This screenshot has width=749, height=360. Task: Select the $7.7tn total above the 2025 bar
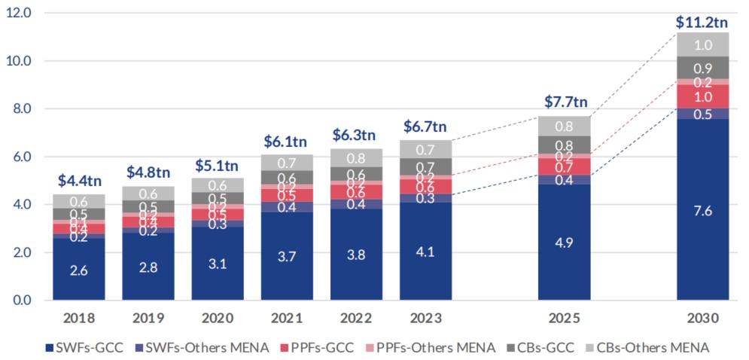[565, 102]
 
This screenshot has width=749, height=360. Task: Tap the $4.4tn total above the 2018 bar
[79, 180]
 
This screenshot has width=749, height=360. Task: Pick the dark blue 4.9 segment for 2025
[565, 242]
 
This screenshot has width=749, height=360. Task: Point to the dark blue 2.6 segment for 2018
[79, 270]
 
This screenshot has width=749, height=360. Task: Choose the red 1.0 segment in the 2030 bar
[703, 96]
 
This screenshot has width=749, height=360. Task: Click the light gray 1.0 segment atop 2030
[703, 44]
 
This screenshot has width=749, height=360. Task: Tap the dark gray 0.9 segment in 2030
[703, 67]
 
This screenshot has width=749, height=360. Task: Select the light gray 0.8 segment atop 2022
[357, 158]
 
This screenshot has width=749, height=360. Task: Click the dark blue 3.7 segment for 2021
[288, 256]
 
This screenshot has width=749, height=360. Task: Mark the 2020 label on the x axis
[218, 319]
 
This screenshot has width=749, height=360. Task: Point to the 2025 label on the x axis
[565, 319]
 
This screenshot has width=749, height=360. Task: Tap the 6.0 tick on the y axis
[19, 157]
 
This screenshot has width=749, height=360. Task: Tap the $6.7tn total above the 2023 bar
[426, 126]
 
